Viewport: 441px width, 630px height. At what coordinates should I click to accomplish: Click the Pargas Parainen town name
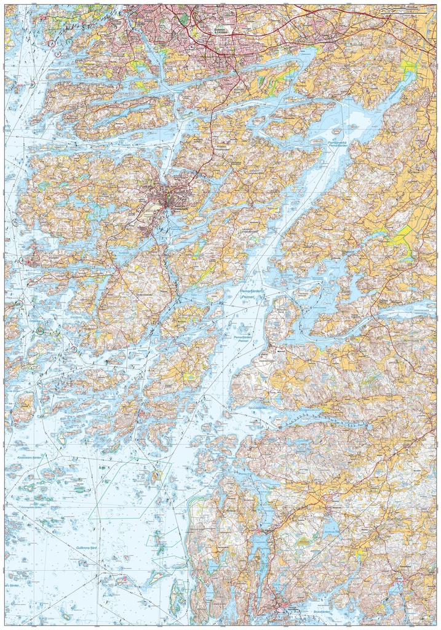pos(179,208)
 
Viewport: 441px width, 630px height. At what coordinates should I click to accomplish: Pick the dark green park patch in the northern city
pos(183,19)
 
